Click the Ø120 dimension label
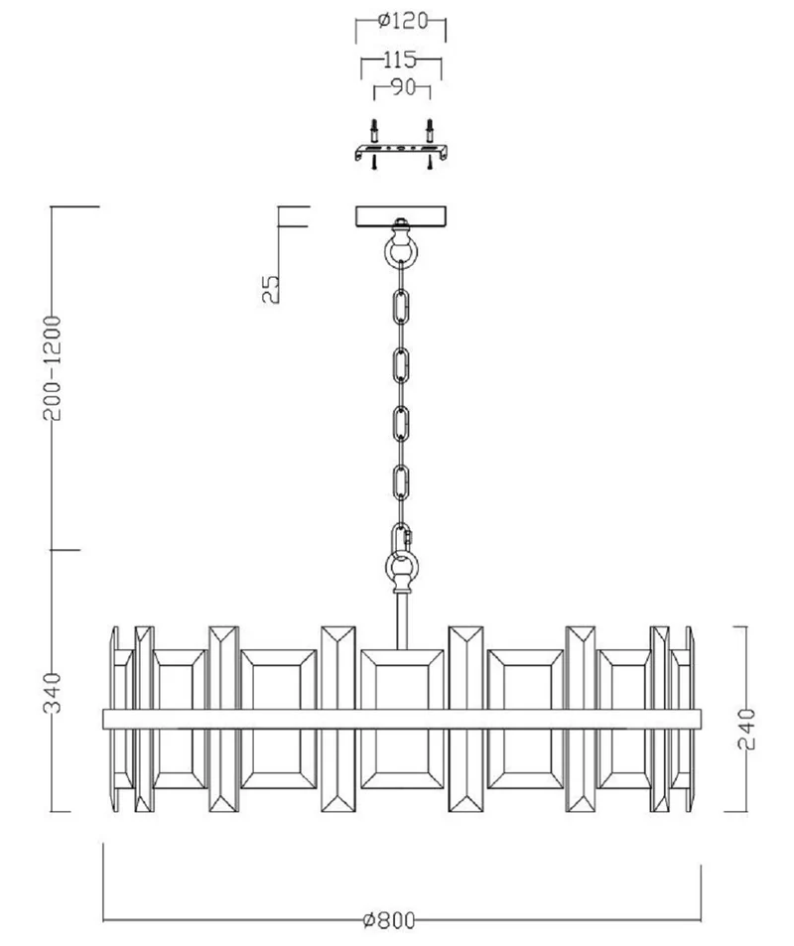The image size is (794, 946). pos(402,21)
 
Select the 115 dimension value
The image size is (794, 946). pos(401,60)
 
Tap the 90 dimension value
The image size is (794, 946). pos(403,87)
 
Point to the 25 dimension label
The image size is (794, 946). pos(271,289)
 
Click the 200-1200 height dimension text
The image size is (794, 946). pos(53,367)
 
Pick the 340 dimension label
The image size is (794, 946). pos(53,693)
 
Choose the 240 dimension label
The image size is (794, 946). pos(746,729)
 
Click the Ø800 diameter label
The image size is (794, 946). pos(390,920)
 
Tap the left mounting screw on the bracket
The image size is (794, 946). pos(374,144)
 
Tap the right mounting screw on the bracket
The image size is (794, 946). pos(430,144)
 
